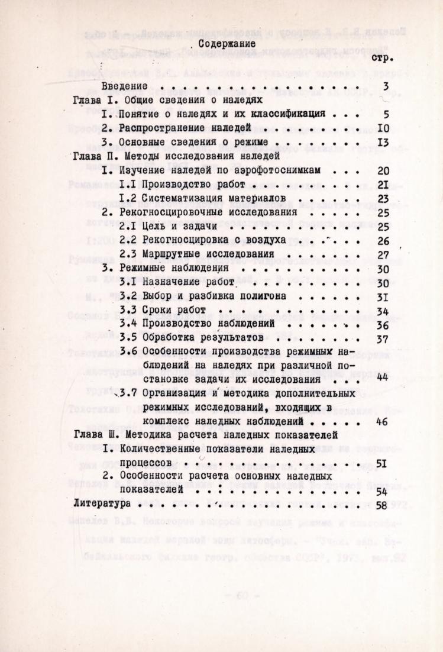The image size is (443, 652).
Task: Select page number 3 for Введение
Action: coord(384,87)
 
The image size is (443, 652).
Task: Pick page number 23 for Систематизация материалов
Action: coord(381,198)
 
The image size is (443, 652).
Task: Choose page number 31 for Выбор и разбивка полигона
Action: coord(381,297)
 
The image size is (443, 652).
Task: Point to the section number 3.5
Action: coord(128,338)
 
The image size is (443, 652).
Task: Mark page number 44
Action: coord(381,379)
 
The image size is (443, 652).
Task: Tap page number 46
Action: coord(381,422)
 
